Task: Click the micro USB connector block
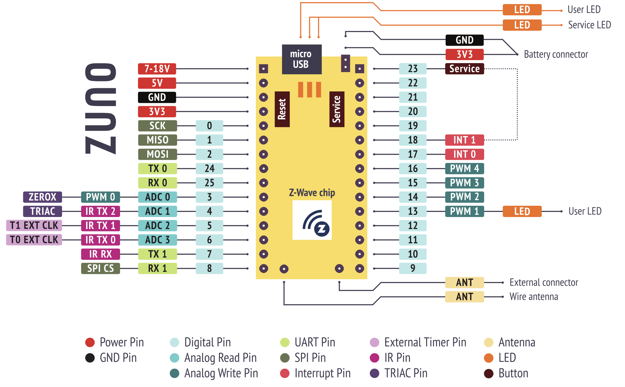302,59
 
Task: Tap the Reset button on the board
282,109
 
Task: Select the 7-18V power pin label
157,69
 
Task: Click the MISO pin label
157,140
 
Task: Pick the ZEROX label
42,197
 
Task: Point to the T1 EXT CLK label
34,225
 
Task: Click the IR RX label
100,254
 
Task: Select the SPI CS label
100,268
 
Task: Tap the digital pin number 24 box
209,168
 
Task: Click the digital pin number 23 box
412,69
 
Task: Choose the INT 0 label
464,154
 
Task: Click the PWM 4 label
464,168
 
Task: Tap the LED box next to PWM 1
522,211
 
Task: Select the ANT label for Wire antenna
464,297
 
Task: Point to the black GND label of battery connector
464,40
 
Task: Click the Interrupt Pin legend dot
284,373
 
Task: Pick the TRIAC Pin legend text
406,373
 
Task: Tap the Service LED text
589,25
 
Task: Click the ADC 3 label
157,240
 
